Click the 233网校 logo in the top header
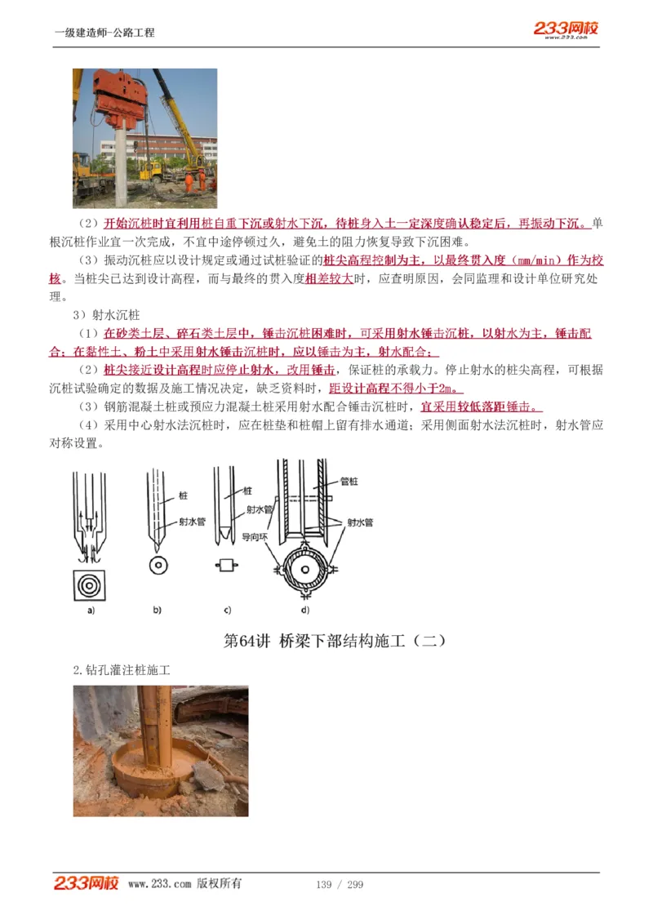[566, 29]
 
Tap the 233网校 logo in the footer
[87, 883]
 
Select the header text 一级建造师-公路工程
[104, 33]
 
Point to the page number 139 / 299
[340, 885]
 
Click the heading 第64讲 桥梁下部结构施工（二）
[335, 641]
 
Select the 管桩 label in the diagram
[349, 482]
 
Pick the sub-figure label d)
[304, 610]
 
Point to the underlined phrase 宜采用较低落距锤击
[481, 406]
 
